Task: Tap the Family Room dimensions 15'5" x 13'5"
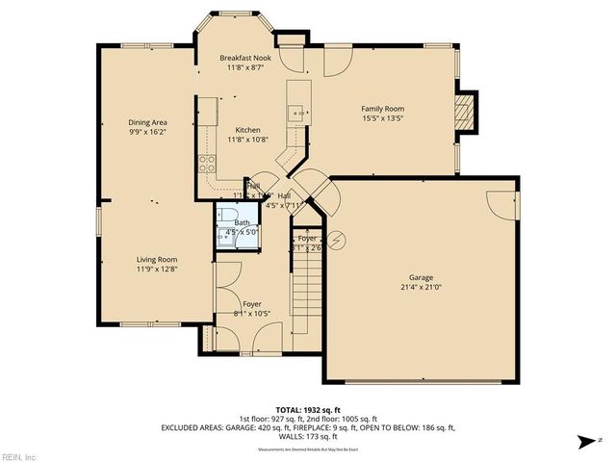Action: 381,119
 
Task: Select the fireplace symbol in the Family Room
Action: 466,112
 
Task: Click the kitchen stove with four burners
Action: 205,163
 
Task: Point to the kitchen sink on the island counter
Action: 297,113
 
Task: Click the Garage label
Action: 422,276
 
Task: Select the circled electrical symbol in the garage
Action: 336,240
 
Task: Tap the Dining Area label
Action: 148,122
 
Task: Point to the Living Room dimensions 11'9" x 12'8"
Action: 155,269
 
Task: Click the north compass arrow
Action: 584,441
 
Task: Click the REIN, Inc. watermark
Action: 18,456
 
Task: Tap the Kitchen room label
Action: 244,129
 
